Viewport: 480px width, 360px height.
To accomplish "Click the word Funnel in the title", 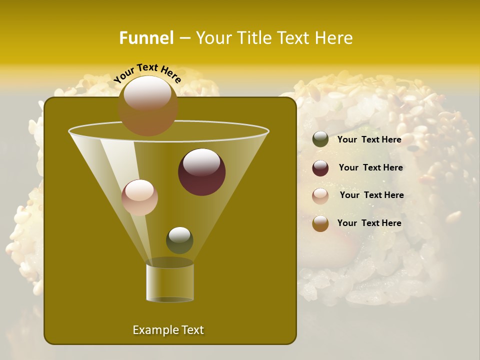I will point(146,38).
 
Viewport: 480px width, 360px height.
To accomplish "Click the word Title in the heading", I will point(254,38).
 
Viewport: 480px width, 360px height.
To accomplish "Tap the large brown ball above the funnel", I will point(147,105).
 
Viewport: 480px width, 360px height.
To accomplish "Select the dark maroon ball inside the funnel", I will point(201,172).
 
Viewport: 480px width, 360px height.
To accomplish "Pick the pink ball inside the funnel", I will point(139,197).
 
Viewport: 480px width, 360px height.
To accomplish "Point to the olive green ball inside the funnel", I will point(179,240).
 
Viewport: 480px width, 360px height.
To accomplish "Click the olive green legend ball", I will point(320,139).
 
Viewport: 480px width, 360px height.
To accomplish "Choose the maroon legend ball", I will point(320,168).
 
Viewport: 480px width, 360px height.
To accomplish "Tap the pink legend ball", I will point(320,196).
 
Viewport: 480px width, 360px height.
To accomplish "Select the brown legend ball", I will point(320,224).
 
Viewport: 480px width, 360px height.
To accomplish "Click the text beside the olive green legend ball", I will point(369,139).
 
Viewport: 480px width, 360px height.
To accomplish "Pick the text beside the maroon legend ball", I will point(370,167).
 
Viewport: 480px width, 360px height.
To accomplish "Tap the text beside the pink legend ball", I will point(371,195).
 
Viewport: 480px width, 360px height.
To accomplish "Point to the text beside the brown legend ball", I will point(369,223).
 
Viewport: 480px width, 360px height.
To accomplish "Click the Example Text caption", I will point(168,330).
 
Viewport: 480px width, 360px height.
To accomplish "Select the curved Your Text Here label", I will point(147,73).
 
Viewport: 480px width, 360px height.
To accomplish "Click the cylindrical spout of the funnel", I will point(170,282).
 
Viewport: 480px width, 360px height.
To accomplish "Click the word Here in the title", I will point(333,38).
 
